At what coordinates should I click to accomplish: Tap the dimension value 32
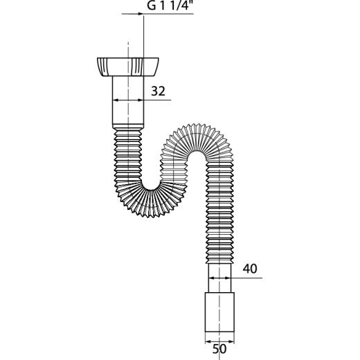[x=159, y=91]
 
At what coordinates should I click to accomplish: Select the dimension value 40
[x=250, y=269]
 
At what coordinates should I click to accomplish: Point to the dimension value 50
[x=219, y=349]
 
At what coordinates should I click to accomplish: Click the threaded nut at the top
[x=128, y=67]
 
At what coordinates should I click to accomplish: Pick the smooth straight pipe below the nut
[x=128, y=100]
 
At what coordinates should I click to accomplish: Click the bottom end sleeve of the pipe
[x=219, y=312]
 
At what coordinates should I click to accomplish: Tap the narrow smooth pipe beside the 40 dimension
[x=219, y=278]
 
